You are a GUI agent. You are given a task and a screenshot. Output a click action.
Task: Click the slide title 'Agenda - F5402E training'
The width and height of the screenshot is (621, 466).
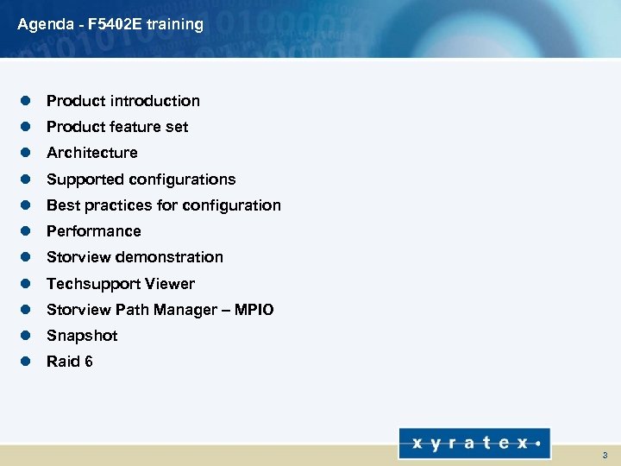click(x=110, y=24)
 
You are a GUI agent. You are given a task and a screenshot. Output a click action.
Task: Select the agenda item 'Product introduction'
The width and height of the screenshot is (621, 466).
click(x=122, y=101)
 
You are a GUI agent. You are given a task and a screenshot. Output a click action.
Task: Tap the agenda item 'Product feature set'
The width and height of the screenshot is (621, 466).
click(x=117, y=127)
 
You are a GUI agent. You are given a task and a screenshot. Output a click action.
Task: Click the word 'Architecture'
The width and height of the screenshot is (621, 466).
click(x=91, y=153)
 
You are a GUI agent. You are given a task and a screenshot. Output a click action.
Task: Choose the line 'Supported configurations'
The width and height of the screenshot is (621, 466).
click(x=141, y=179)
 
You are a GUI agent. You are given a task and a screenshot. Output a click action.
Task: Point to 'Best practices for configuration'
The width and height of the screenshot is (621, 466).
click(x=163, y=205)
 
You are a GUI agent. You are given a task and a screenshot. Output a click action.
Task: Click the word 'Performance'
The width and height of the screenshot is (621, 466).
click(x=93, y=231)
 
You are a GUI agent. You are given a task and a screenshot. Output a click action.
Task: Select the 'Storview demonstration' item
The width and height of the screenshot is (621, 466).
click(x=135, y=257)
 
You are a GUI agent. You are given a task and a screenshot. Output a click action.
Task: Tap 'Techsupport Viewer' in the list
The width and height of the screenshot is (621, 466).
click(x=121, y=284)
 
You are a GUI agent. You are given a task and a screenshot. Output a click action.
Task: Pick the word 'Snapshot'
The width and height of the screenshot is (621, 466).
click(x=82, y=336)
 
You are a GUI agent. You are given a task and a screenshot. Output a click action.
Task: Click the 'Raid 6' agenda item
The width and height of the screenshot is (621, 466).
click(x=69, y=362)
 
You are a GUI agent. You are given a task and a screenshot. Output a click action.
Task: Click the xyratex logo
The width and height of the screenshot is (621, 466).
click(x=474, y=444)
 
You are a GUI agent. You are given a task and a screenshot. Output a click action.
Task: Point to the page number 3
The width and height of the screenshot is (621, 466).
click(x=605, y=455)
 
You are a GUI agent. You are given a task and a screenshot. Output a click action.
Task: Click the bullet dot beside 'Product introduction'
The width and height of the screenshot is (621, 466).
click(x=26, y=101)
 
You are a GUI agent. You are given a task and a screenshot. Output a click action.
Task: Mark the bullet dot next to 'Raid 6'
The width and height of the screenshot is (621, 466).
click(x=26, y=362)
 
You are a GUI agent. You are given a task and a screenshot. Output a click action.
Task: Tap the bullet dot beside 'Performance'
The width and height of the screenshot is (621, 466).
click(x=26, y=231)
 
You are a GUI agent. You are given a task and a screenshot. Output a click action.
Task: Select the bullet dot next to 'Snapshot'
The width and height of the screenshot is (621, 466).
click(x=26, y=336)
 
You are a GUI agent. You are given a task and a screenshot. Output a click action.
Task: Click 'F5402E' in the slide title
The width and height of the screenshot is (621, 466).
click(x=115, y=24)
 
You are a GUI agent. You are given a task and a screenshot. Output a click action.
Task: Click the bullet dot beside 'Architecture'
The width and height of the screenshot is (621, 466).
click(x=26, y=153)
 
